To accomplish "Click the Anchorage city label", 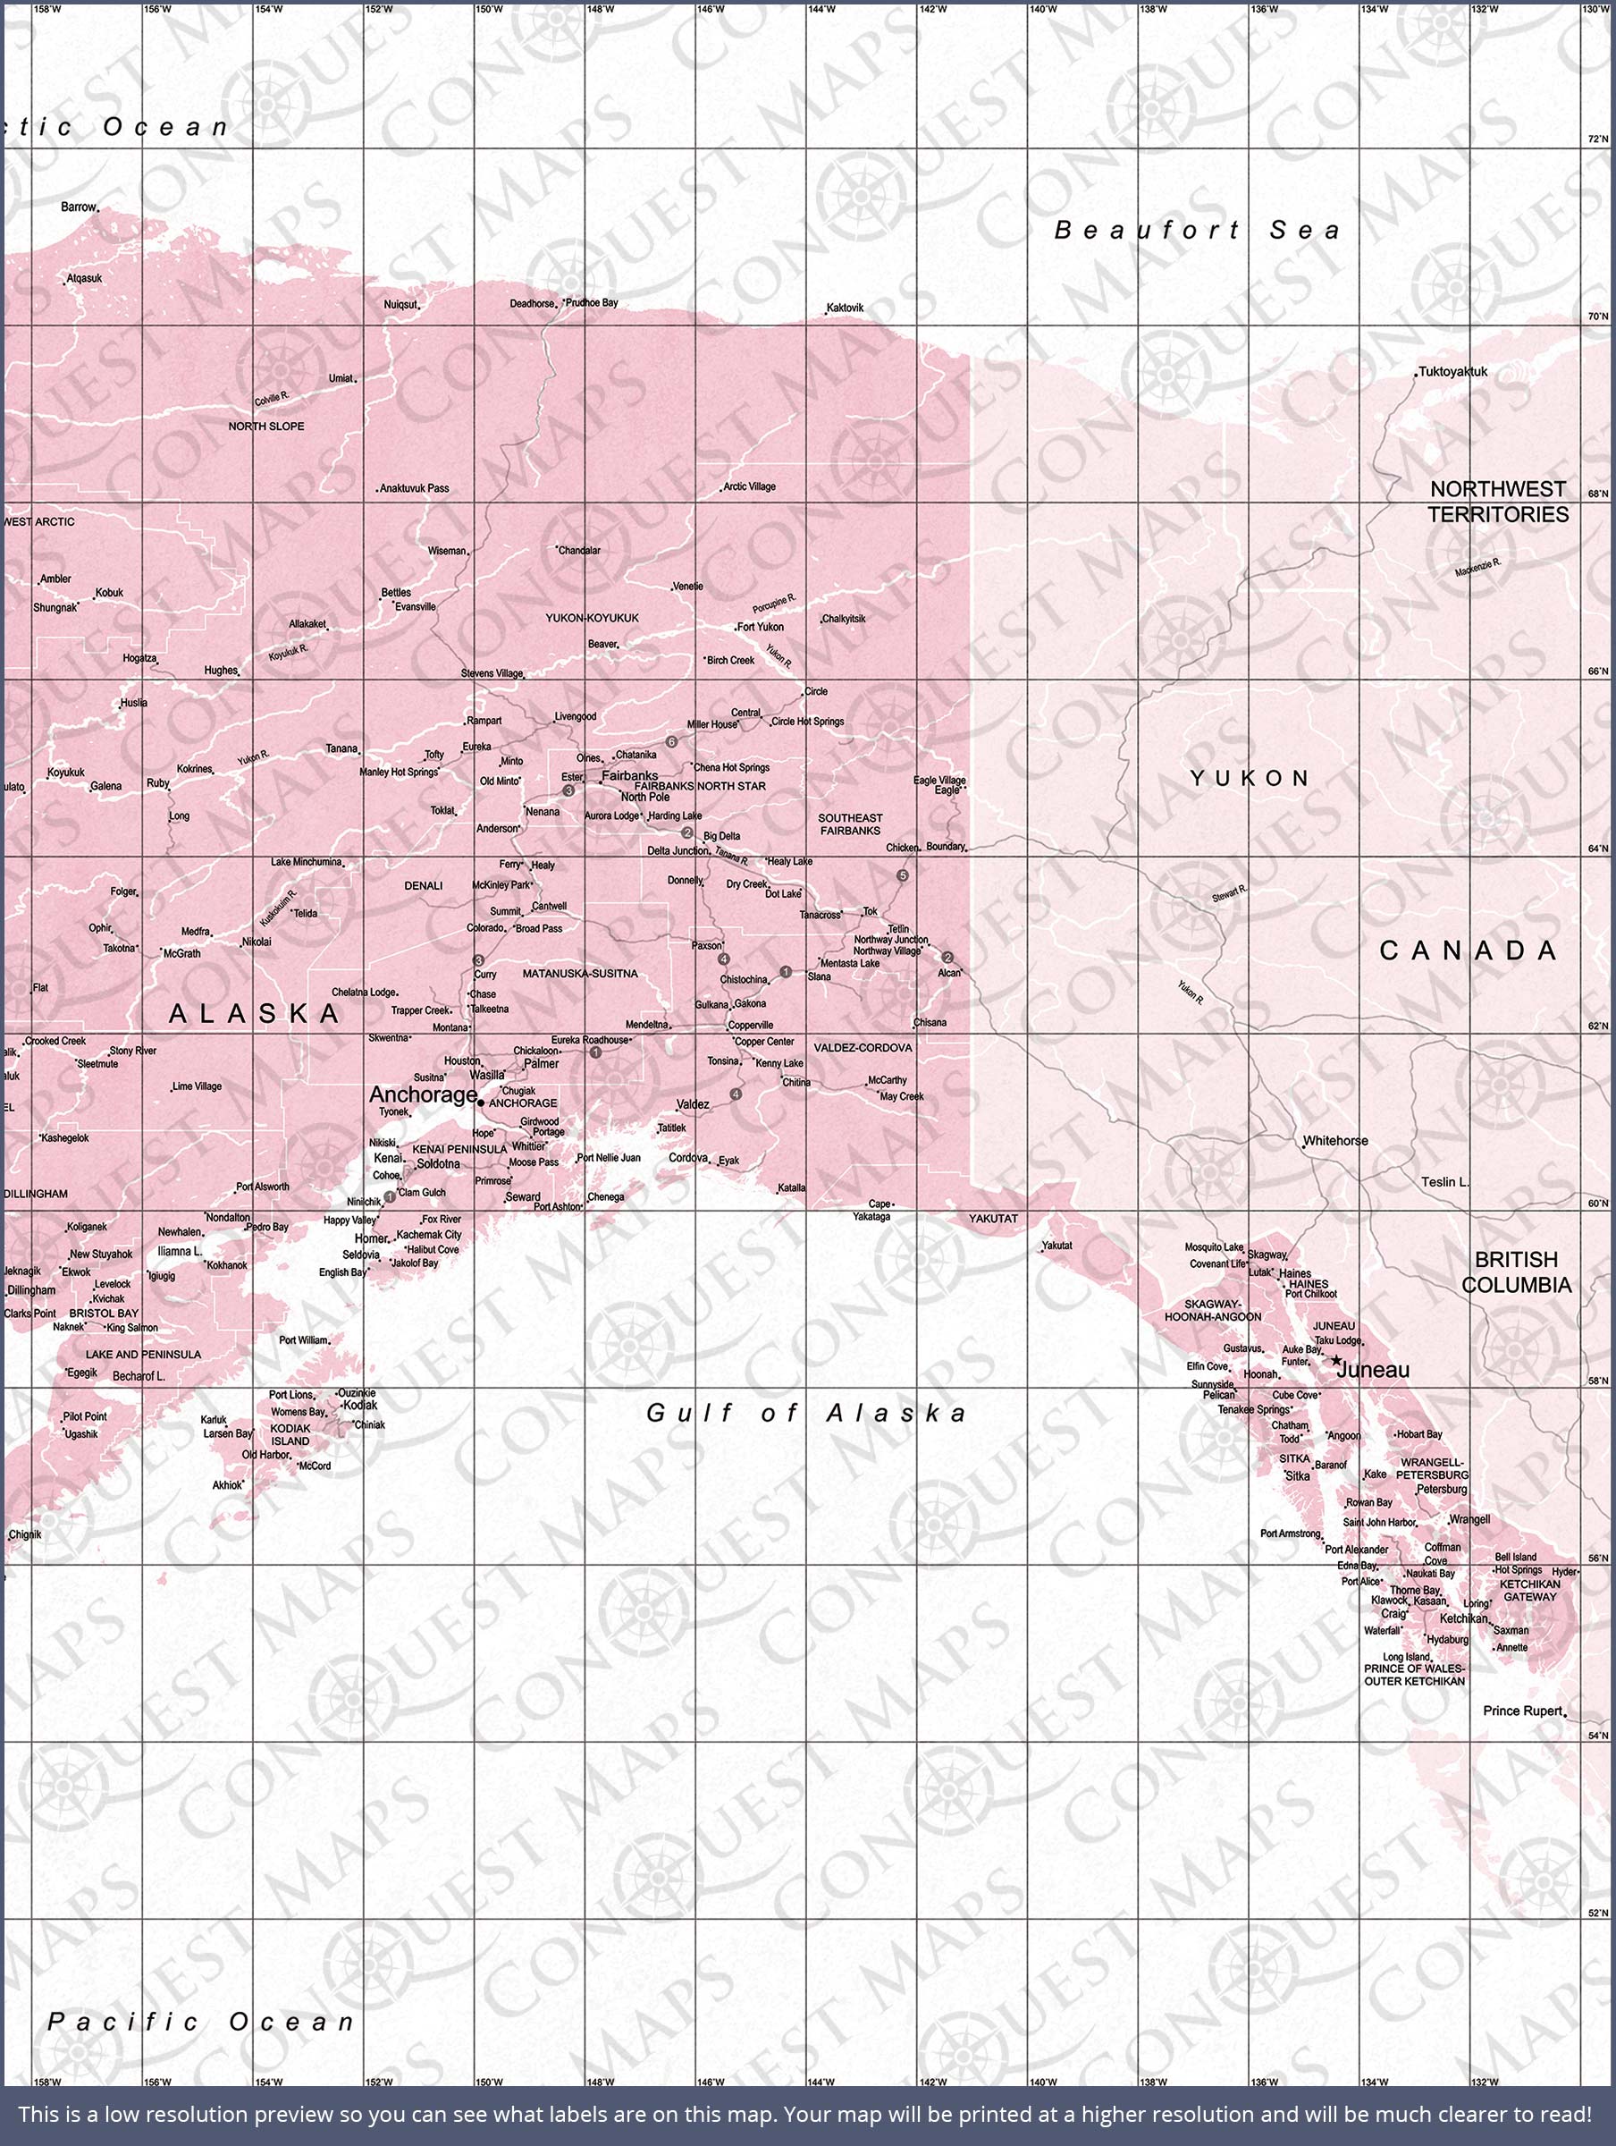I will (x=423, y=1094).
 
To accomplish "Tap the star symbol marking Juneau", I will (x=1335, y=1360).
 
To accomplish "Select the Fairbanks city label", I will (x=629, y=775).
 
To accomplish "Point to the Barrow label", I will (x=79, y=207).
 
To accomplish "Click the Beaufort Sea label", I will (x=1197, y=230).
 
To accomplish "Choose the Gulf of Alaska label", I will (x=807, y=1413).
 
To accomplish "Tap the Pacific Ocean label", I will (x=202, y=2022).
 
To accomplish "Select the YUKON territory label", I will (x=1250, y=777).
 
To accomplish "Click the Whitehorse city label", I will (x=1334, y=1140).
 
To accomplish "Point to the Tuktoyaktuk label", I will (x=1452, y=372).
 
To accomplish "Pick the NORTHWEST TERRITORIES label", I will (x=1498, y=502).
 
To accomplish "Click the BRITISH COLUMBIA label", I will (x=1516, y=1272).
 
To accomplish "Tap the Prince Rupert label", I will (x=1522, y=1711).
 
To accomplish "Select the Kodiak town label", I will (x=361, y=1405).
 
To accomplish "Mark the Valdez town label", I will (x=693, y=1104).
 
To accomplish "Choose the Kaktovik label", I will (x=844, y=308).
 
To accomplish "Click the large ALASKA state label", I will (x=255, y=1014).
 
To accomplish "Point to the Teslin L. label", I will (x=1445, y=1182).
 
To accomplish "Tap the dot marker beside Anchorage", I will (x=482, y=1103).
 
